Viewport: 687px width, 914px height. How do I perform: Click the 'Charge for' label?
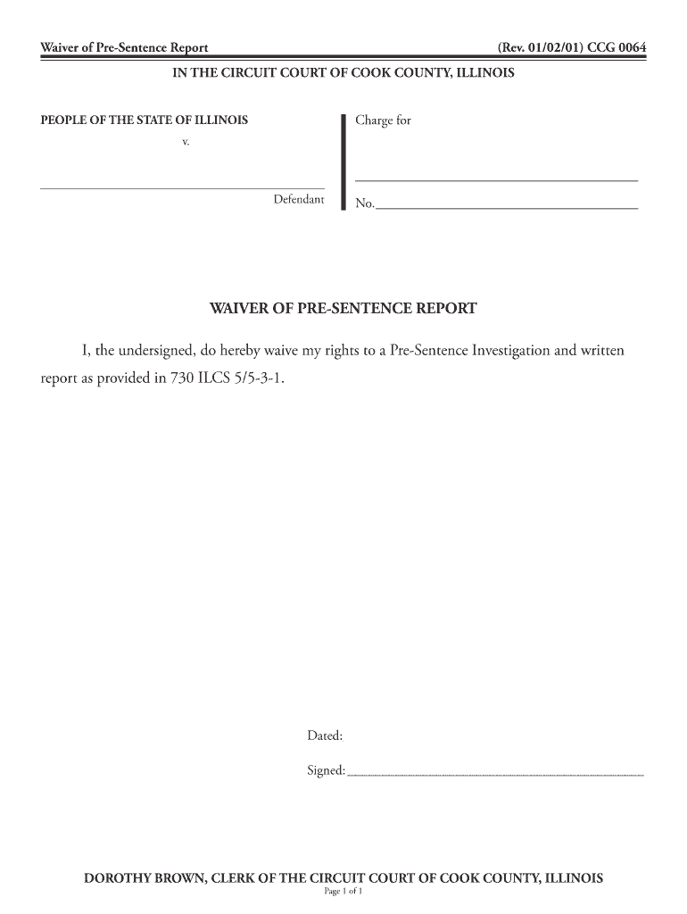383,120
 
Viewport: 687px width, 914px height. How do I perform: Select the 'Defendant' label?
298,199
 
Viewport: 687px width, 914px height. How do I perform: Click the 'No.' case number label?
364,204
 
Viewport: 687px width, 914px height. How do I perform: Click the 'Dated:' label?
325,736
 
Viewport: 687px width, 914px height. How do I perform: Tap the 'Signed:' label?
326,770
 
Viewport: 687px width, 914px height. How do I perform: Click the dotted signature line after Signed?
494,775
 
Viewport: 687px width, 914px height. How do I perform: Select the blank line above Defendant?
182,188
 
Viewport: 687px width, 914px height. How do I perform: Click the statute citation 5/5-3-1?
262,377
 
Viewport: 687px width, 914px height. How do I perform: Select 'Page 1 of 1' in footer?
343,891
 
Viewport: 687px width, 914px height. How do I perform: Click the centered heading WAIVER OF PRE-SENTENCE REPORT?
343,309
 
